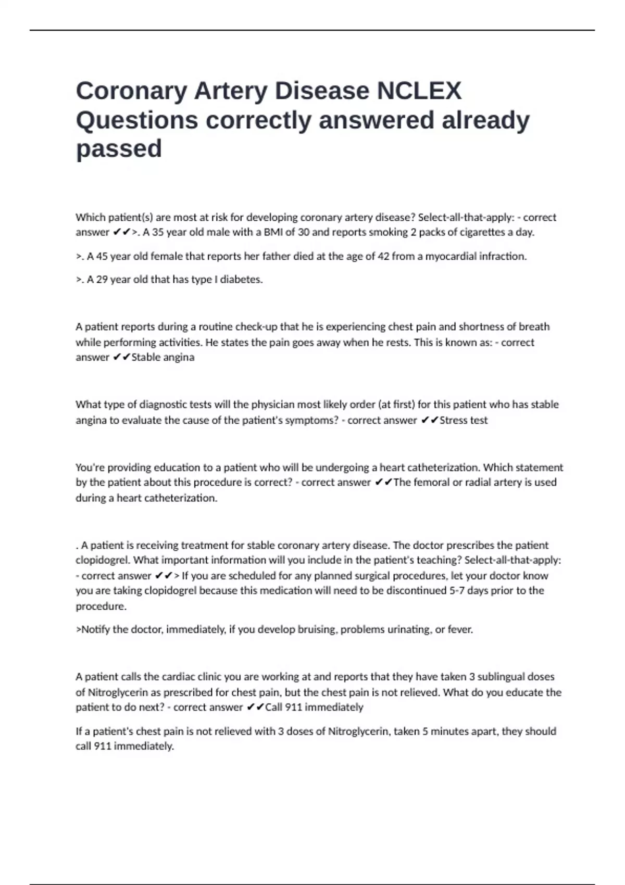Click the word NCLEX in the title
tap(419, 91)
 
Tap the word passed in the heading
tap(119, 149)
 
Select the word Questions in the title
tap(137, 120)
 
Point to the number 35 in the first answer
tap(158, 232)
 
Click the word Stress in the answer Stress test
tap(455, 420)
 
